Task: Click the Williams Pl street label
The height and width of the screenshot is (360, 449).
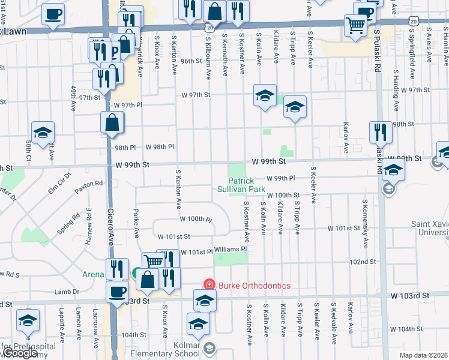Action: [x=231, y=249]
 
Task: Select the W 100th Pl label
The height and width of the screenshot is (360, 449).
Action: [x=196, y=220]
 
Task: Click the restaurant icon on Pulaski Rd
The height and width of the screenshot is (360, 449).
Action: [x=380, y=132]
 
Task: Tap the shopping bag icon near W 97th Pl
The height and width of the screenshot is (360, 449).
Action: [x=112, y=122]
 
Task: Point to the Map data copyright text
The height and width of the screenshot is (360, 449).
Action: [x=424, y=355]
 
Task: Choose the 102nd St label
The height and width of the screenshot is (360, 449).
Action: [x=363, y=262]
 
